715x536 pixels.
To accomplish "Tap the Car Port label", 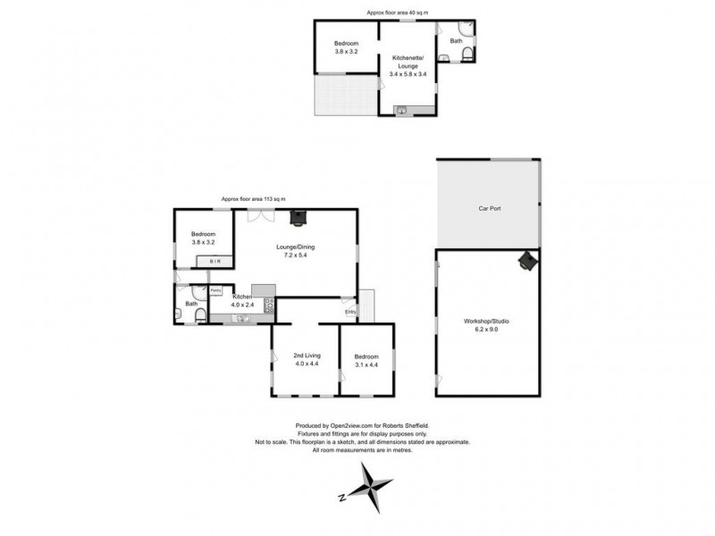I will (x=487, y=207).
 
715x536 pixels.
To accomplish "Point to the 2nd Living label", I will (x=307, y=356).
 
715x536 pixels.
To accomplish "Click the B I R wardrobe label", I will (x=214, y=261).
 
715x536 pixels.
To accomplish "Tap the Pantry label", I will (x=215, y=290).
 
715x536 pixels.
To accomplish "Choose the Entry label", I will (x=349, y=311).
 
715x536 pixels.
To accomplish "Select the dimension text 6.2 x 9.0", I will (x=487, y=330).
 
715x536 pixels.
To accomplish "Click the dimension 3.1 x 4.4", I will (x=366, y=364).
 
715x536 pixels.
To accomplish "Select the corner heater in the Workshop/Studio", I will (x=528, y=261).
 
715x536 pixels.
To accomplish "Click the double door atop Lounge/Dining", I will (x=256, y=214).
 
